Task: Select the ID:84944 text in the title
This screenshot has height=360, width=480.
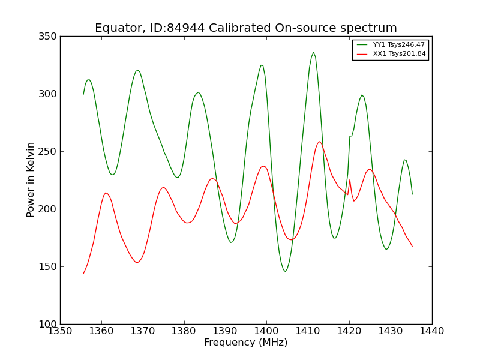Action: (x=177, y=28)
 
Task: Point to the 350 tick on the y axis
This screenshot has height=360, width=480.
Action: (x=47, y=37)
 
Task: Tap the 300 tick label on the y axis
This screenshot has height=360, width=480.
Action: (x=47, y=94)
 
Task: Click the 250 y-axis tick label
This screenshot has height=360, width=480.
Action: (x=47, y=152)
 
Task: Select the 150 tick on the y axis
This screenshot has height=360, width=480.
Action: (x=47, y=266)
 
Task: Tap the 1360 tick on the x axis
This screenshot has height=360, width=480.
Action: (x=101, y=331)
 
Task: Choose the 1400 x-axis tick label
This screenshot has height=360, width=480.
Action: (x=266, y=331)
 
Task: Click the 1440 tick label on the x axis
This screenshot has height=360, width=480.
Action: (x=431, y=331)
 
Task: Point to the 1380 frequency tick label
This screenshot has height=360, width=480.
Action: (x=184, y=331)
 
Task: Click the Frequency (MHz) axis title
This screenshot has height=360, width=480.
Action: (x=246, y=342)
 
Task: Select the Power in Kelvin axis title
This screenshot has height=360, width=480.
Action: (x=30, y=180)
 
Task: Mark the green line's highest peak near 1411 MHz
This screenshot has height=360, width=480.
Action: (x=313, y=52)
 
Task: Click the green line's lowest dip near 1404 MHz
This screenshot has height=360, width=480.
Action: (x=285, y=271)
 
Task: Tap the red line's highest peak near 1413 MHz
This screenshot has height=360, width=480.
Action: (x=320, y=142)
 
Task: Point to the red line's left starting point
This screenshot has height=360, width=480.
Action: (x=83, y=274)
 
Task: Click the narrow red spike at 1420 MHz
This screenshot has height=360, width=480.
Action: (x=350, y=180)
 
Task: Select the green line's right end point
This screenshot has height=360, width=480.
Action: (x=412, y=194)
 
